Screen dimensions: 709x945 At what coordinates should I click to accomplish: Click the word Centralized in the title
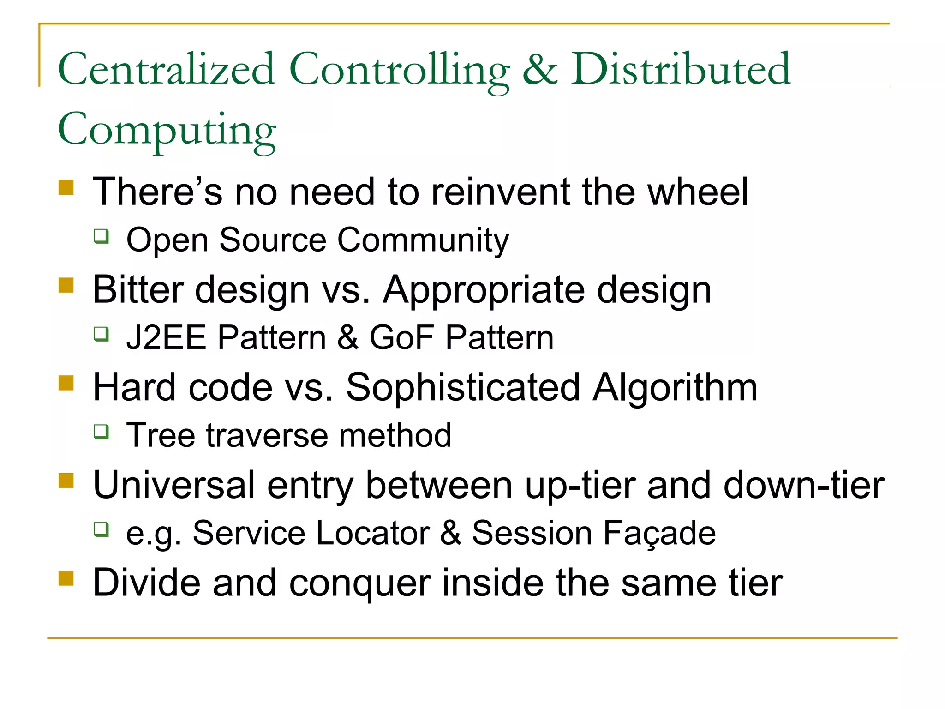pos(166,69)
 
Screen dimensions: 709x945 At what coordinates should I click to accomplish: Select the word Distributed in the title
pos(681,69)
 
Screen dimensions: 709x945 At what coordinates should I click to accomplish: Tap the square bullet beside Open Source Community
pos(101,236)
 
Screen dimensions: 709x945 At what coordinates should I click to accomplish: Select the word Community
pos(423,240)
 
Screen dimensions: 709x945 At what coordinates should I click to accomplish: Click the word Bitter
pos(138,290)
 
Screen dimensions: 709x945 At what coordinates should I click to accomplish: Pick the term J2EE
pos(166,337)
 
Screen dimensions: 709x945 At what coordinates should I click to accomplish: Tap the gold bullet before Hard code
pos(66,383)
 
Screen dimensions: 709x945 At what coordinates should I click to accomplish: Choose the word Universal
pos(174,485)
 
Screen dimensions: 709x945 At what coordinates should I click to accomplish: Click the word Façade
pos(659,534)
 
